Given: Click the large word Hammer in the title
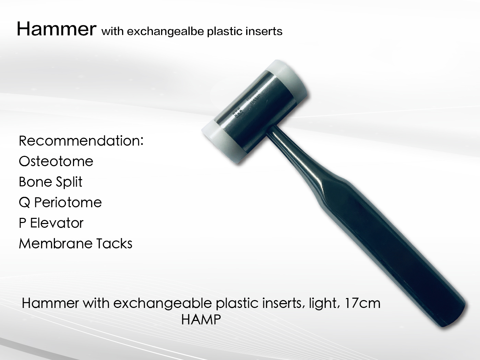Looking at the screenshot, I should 56,29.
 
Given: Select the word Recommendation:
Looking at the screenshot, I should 81,141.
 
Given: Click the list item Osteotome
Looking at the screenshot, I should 56,161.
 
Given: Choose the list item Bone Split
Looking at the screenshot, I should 50,182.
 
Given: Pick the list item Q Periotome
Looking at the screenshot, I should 60,202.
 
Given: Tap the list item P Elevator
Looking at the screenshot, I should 51,223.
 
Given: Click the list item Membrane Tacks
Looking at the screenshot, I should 75,244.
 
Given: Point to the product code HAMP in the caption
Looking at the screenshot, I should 201,320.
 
